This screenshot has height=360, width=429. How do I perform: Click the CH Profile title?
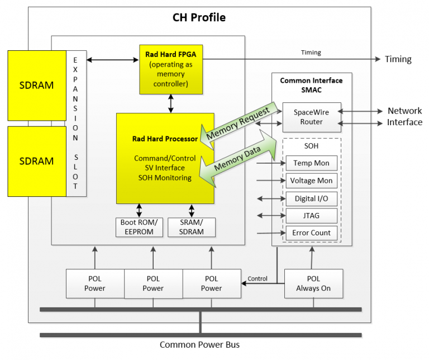199,17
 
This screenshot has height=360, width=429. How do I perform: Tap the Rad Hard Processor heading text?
165,139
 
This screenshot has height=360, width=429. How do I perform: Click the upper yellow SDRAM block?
37,86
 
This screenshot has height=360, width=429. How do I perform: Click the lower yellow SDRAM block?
37,161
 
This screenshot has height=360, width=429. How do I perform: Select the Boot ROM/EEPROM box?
139,227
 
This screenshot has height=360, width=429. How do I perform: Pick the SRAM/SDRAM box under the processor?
191,227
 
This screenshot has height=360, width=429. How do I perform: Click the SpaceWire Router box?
311,117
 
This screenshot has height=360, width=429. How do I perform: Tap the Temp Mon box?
311,163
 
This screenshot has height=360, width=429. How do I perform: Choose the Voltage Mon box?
311,181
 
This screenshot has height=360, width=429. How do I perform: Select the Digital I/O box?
311,198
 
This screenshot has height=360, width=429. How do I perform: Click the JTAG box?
311,216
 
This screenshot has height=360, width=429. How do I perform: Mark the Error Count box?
311,233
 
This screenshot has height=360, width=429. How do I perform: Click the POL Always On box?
313,283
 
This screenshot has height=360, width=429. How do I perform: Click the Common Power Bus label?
199,344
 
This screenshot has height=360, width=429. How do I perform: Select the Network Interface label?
404,116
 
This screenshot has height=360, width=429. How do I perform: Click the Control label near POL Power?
258,278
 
